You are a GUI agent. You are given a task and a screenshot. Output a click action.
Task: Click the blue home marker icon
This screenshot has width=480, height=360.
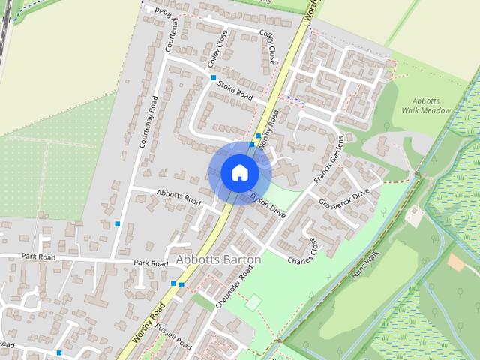pos(239,172)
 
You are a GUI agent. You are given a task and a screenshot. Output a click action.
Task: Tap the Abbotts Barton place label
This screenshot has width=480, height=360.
pos(218,259)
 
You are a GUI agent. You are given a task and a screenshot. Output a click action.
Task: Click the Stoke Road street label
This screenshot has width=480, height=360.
pos(235,90)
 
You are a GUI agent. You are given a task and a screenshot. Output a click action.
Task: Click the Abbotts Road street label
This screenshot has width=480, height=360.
pos(178,197)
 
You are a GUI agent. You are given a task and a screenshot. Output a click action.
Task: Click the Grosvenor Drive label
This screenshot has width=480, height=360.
pos(344,199)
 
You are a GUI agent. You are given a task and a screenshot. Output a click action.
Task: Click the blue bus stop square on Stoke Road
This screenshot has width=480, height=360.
pos(214,77)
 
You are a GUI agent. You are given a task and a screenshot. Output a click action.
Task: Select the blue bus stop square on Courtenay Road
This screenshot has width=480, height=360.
pos(118,223)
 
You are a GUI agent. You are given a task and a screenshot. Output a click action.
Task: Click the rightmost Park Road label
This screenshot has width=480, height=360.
pos(151,263)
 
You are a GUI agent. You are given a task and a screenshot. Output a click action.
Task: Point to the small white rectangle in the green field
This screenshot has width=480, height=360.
pos(253,301)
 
